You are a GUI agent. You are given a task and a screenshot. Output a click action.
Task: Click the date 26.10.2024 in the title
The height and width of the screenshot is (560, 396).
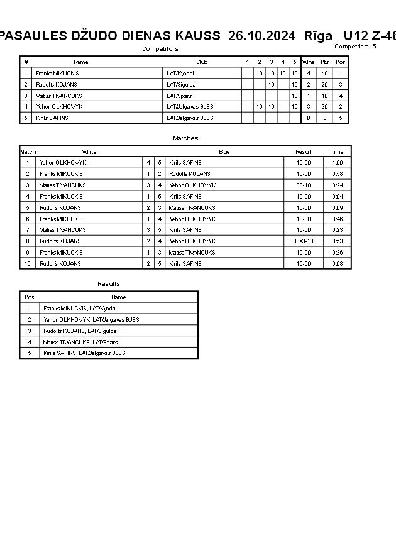coord(261,36)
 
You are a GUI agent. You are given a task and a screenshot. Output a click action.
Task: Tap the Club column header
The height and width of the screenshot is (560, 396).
coord(202,62)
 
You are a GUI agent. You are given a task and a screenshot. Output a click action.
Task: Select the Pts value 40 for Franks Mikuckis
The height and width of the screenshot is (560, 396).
coord(324,74)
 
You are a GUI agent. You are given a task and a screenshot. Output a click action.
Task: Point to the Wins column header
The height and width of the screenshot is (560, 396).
coord(308,62)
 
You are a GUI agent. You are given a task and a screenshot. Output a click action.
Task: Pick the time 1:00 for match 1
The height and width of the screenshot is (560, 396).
coord(338,163)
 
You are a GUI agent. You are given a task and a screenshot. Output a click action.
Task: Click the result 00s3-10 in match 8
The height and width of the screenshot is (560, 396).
coord(303,241)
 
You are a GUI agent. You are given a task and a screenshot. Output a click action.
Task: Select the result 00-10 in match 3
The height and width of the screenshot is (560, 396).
coord(303,185)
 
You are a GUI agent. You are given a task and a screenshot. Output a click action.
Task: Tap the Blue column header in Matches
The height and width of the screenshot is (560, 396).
coord(224,151)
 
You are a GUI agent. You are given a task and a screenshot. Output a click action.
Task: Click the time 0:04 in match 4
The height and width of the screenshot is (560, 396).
coord(338,197)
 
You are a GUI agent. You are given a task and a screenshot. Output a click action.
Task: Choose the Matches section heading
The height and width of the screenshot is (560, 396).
coord(185,138)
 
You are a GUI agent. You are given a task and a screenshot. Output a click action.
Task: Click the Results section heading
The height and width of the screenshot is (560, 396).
coord(109,284)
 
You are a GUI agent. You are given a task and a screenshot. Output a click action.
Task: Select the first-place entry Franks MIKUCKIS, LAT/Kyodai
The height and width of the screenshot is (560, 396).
coord(80,309)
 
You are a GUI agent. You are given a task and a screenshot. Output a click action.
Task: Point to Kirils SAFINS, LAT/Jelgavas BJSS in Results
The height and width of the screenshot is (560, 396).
coord(84,353)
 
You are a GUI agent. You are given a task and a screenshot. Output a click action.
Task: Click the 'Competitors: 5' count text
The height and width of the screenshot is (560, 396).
coord(355,47)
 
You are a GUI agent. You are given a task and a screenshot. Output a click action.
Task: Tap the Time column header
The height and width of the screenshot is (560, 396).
coord(338,151)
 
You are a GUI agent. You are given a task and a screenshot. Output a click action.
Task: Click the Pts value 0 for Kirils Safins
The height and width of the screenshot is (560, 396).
coord(324,118)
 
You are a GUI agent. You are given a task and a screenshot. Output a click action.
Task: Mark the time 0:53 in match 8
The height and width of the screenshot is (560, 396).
coord(338,241)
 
